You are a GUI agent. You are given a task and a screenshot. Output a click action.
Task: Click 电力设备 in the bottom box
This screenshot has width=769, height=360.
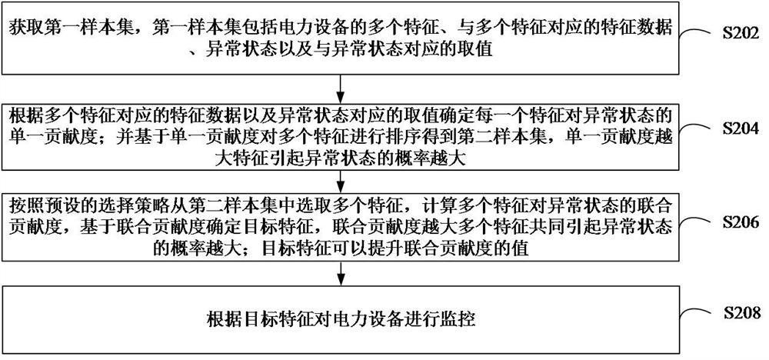[x=359, y=318]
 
